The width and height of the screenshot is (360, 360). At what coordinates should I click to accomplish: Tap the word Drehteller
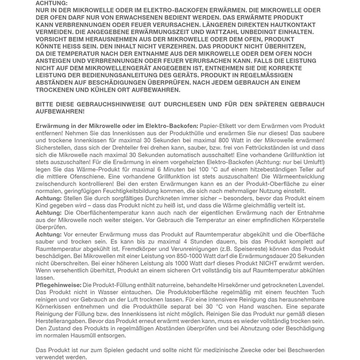click(x=122, y=148)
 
